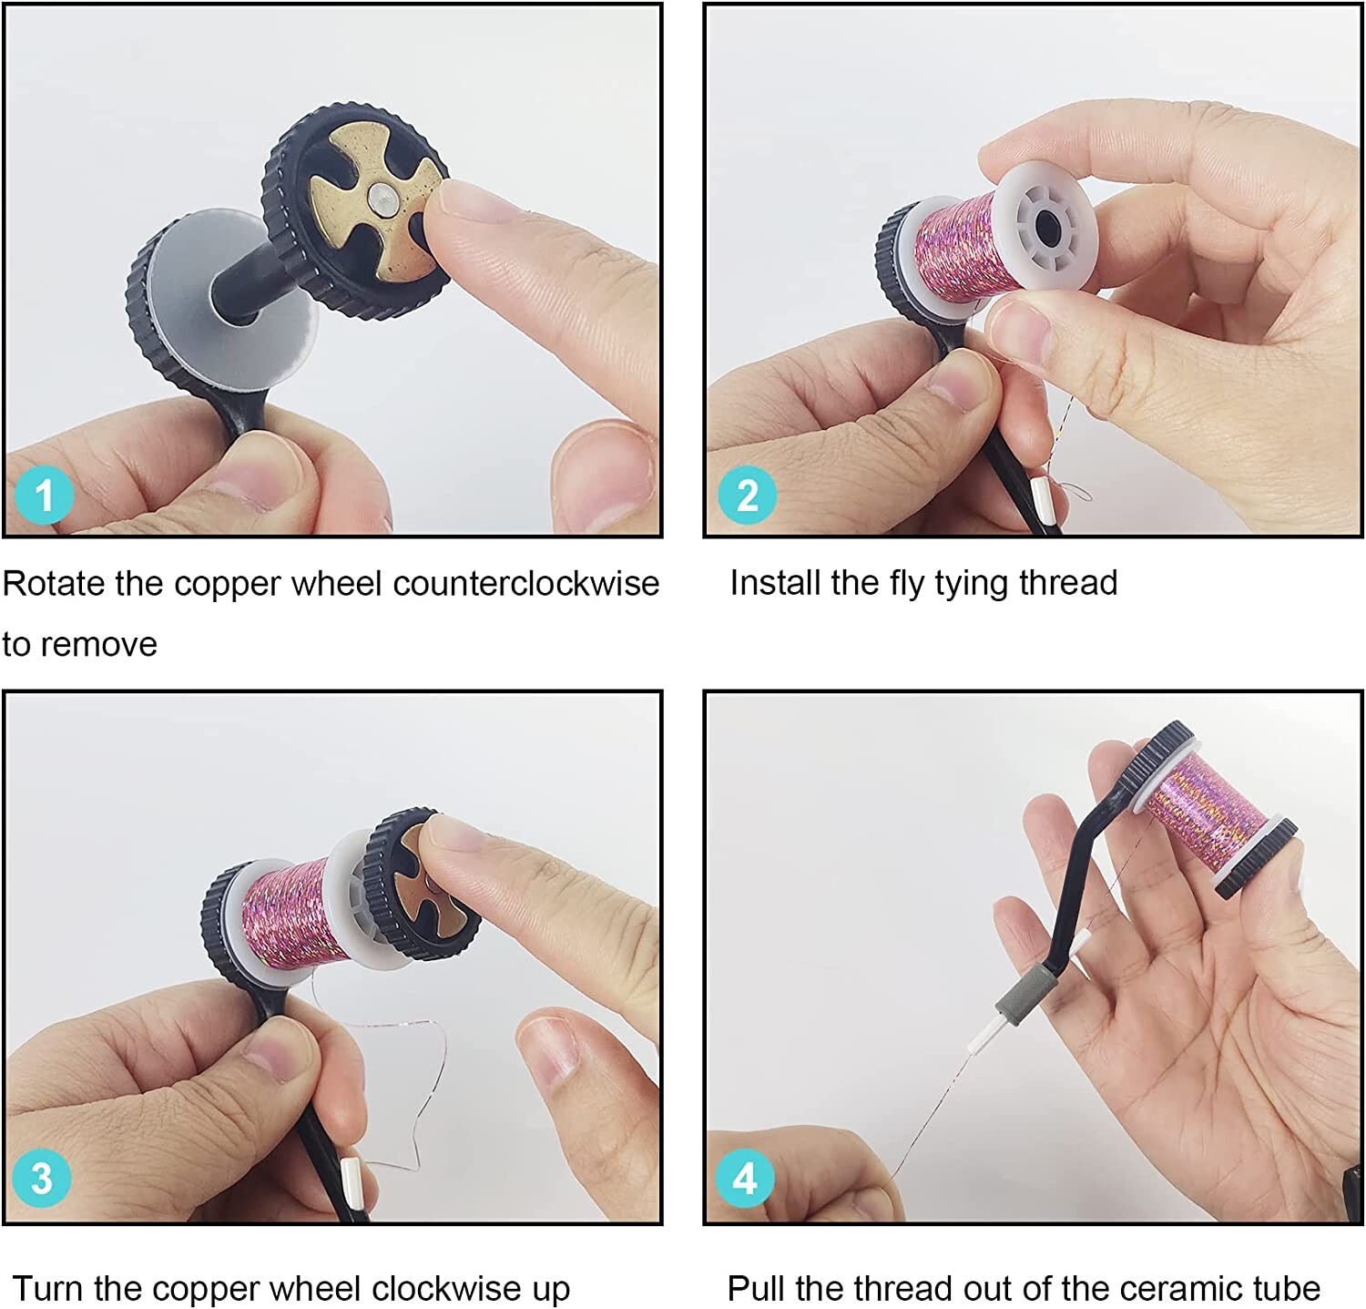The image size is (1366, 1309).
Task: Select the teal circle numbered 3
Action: click(42, 1178)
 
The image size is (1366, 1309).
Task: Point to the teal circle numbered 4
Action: click(745, 1178)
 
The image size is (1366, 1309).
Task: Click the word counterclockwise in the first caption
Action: click(525, 583)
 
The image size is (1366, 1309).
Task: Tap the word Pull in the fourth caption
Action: click(757, 1288)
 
